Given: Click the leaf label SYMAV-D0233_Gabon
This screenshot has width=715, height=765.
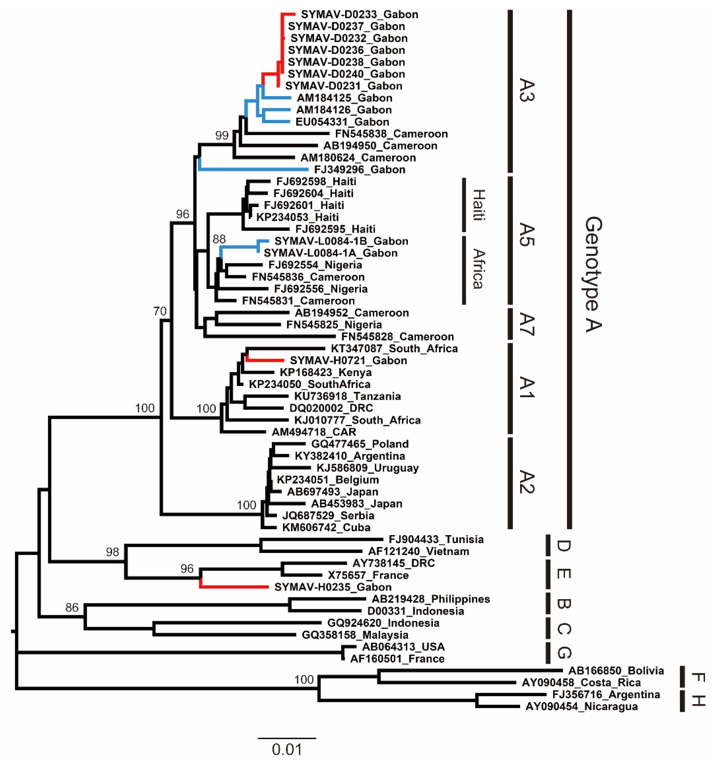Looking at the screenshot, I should coord(359,15).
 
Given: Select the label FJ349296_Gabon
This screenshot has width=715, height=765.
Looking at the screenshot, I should coord(359,170).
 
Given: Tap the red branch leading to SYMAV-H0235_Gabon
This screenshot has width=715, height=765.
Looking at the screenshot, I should coord(235,587).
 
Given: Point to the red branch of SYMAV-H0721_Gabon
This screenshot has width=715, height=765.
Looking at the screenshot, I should coord(266,360).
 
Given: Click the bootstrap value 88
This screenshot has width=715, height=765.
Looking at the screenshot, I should coord(219,239).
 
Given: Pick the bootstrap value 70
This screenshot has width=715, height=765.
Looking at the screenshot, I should coord(160,311).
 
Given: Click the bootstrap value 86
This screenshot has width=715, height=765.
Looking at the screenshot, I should coord(72,608).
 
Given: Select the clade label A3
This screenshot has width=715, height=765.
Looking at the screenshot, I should coord(526,90).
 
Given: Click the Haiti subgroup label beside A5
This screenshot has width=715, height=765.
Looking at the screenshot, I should coord(478,205).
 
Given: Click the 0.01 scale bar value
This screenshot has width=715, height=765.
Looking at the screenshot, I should coord(287,750).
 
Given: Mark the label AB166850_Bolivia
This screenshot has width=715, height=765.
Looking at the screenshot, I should coord(616,671).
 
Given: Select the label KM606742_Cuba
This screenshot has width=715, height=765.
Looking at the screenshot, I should coord(326,528).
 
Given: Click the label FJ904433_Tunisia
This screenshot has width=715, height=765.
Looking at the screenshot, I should coord(436,539).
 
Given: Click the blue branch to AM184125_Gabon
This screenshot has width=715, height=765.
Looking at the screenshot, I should coord(277,98).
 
